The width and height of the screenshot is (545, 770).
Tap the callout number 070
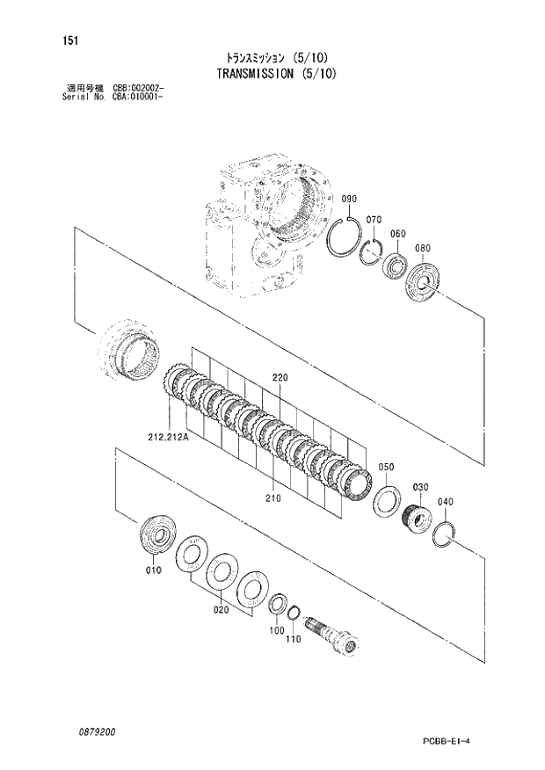click(x=373, y=219)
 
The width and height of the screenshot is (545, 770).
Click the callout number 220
click(x=280, y=378)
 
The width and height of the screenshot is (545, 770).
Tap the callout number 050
click(x=386, y=467)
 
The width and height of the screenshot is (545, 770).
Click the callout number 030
click(x=420, y=487)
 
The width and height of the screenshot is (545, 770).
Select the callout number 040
click(x=446, y=502)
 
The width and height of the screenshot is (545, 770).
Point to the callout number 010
click(x=154, y=570)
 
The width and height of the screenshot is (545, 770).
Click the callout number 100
click(x=277, y=631)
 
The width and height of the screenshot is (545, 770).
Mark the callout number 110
click(x=294, y=639)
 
